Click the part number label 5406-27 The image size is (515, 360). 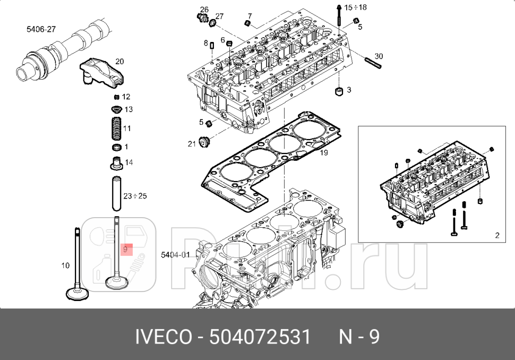(x=41, y=29)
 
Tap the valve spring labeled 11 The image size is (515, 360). (x=116, y=128)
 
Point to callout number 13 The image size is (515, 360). (x=128, y=109)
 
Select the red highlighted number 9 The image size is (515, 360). (x=125, y=248)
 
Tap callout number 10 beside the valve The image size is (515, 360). (x=65, y=265)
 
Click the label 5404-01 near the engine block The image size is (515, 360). (x=175, y=255)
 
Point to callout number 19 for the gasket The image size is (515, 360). (x=324, y=152)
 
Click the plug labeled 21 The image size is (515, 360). (x=202, y=143)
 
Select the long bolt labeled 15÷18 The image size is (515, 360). (x=339, y=19)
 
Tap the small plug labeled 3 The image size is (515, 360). (x=338, y=91)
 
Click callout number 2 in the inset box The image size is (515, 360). (x=497, y=235)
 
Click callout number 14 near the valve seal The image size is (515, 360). (x=128, y=162)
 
